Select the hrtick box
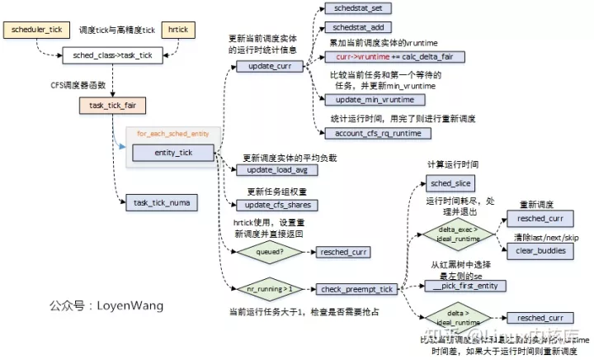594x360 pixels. tap(178, 30)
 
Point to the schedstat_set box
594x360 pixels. tap(357, 7)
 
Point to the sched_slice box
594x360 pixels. tap(451, 182)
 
